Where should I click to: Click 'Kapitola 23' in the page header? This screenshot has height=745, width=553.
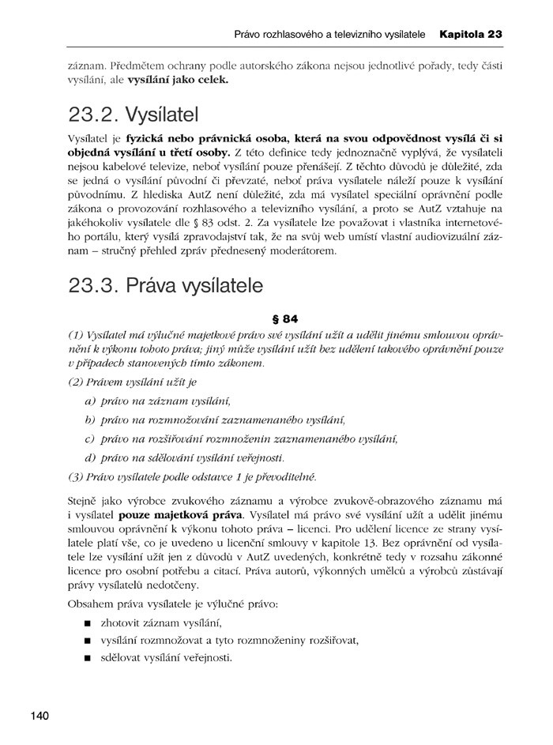click(472, 35)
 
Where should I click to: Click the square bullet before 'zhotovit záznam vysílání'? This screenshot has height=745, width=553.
click(86, 625)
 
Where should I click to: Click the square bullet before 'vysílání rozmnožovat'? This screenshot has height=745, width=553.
click(86, 642)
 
